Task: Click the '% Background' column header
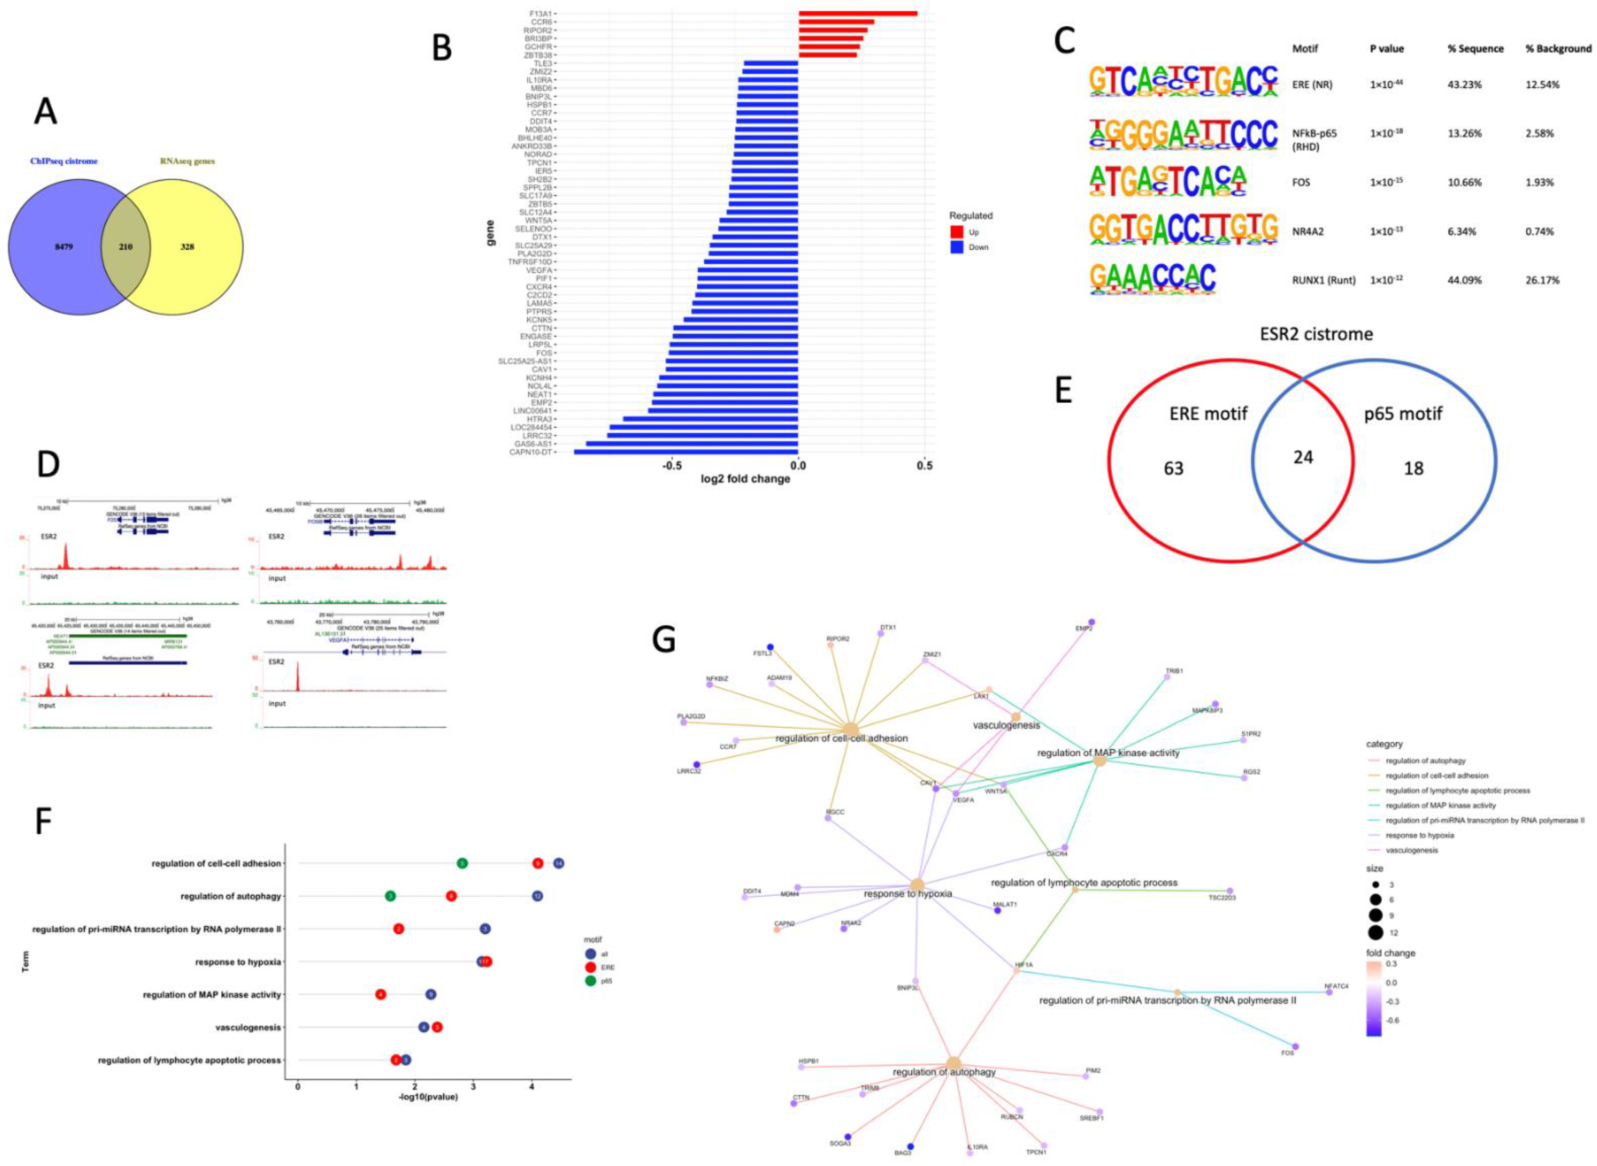(1558, 49)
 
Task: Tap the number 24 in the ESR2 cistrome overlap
(1303, 457)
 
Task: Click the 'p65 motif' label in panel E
(1403, 414)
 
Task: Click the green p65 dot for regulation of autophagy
(390, 896)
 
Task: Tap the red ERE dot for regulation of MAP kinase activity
(380, 994)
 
